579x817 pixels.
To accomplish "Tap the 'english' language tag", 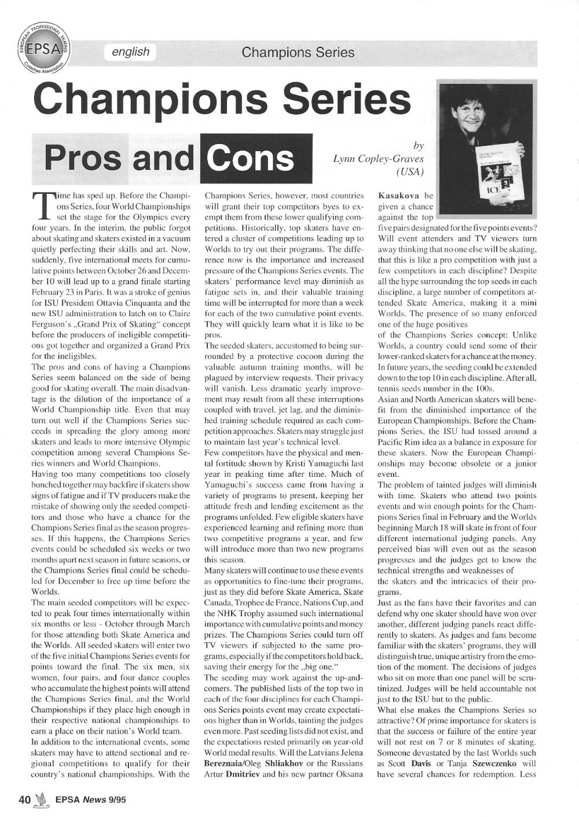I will coord(131,52).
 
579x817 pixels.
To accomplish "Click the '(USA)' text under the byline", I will coord(409,172).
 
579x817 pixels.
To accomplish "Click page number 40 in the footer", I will coord(24,800).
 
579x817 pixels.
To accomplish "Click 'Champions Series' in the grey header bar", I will coord(298,53).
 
